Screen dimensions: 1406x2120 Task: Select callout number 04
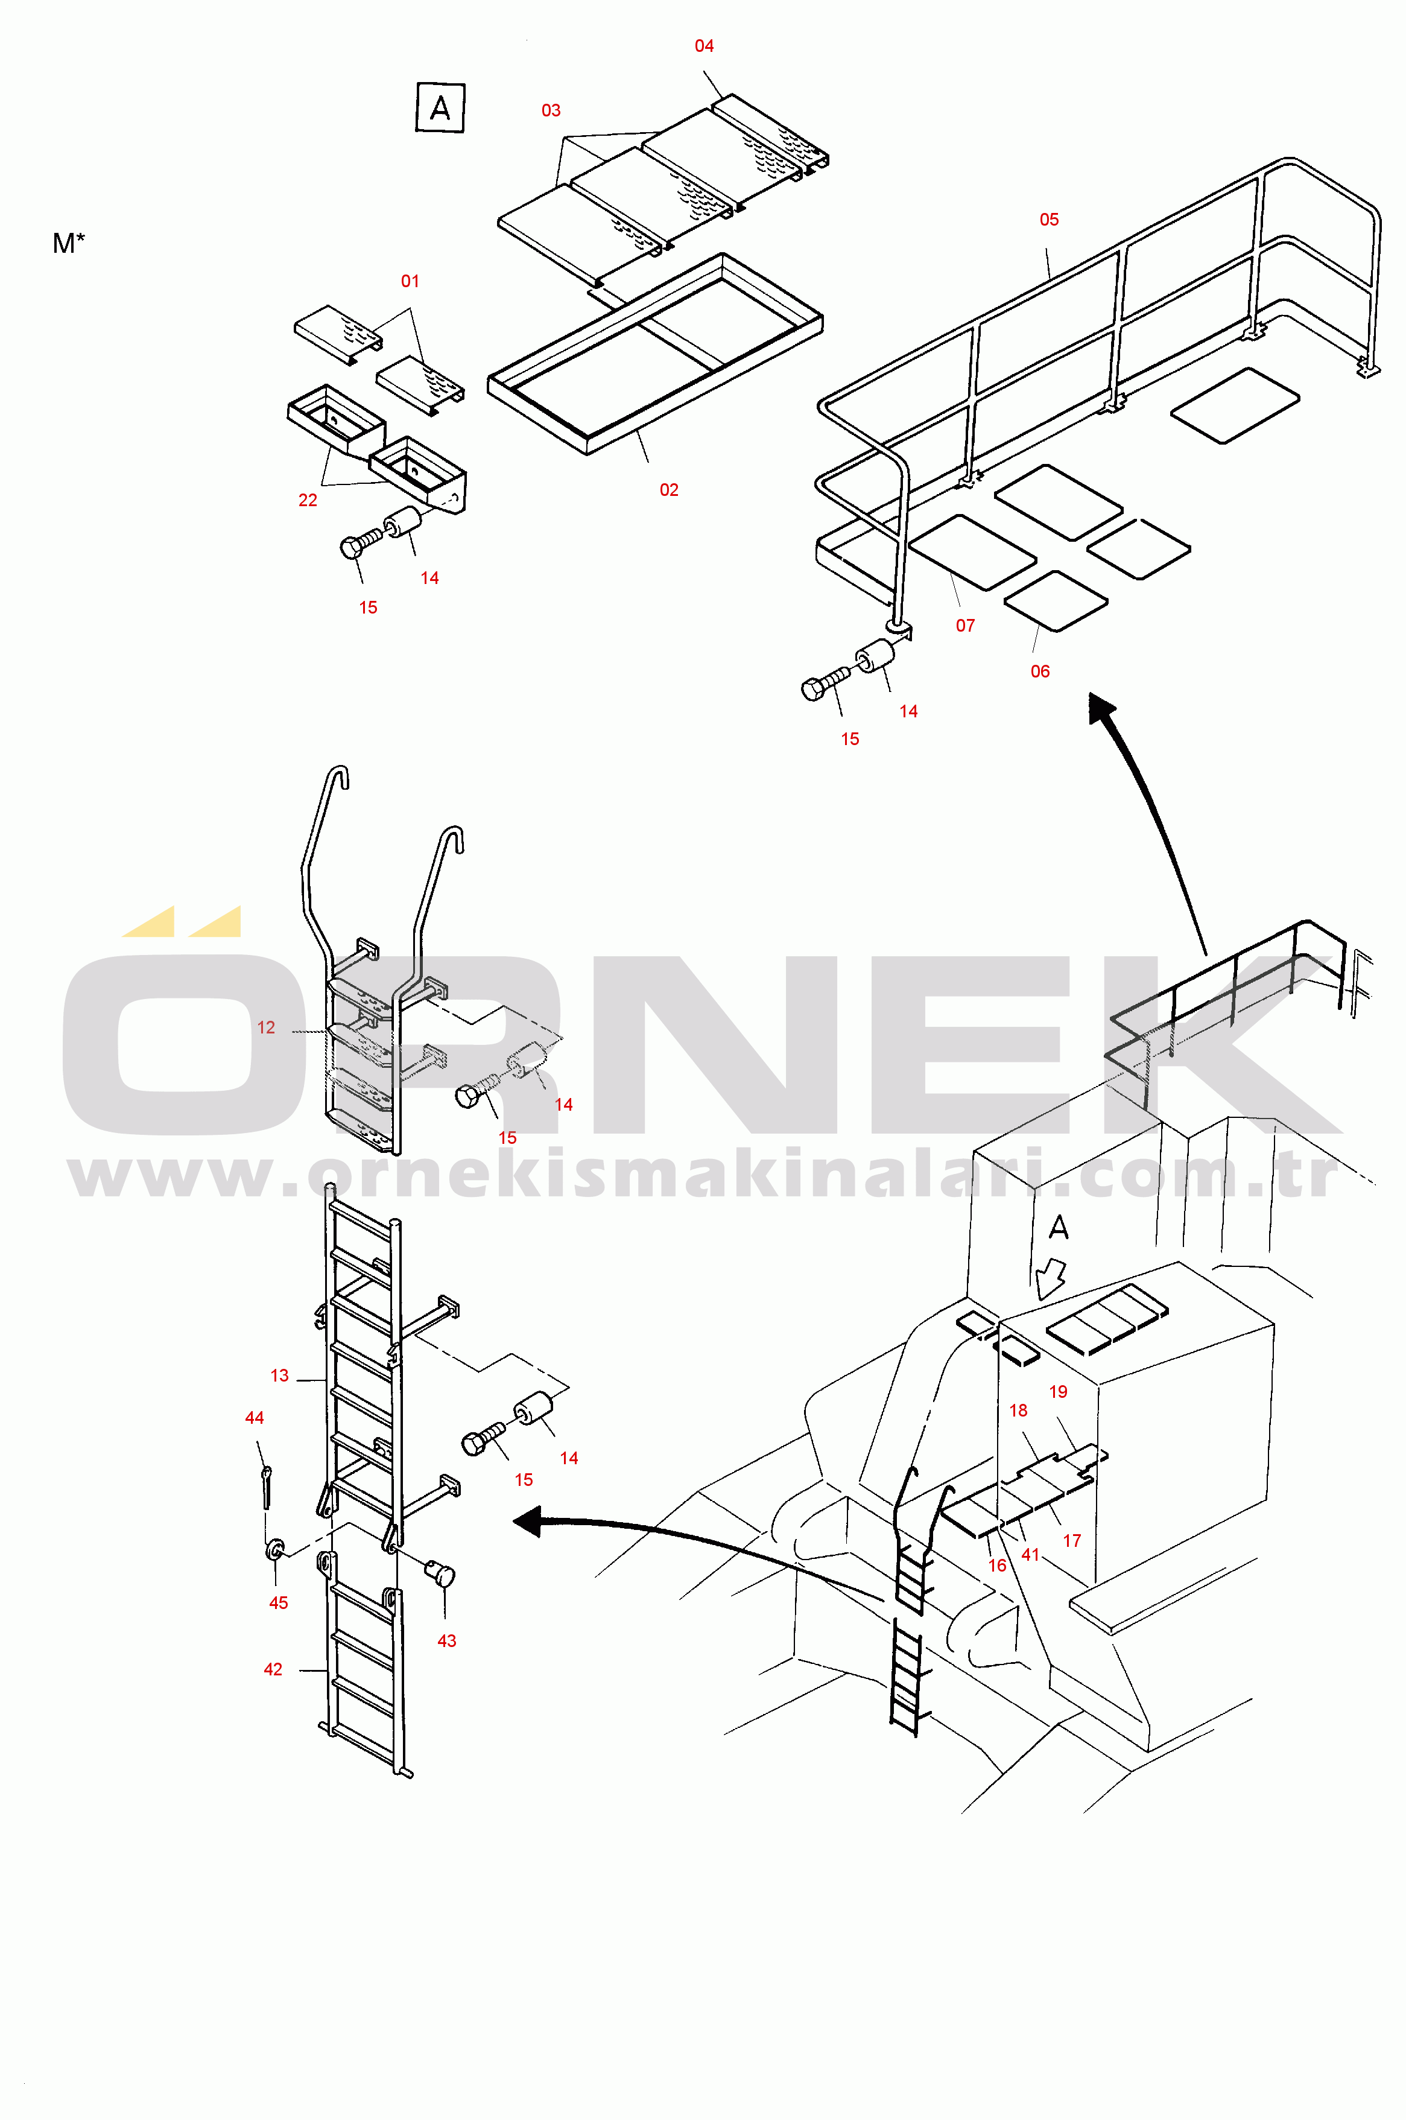coord(704,46)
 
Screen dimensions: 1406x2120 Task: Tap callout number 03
coord(551,110)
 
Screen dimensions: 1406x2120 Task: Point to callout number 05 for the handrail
coord(1049,220)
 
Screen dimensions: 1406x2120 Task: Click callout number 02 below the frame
coord(669,490)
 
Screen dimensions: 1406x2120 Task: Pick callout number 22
coord(308,500)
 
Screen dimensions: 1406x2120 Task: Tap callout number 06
coord(1040,671)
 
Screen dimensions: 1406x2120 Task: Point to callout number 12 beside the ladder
coord(267,1027)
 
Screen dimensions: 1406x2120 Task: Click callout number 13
coord(280,1376)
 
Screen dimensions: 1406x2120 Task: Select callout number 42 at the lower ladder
coord(273,1669)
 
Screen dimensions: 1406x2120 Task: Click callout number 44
coord(255,1418)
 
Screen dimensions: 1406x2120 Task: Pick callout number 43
coord(446,1641)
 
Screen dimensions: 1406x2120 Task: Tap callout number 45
coord(279,1602)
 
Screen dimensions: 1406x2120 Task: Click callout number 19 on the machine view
coord(1058,1392)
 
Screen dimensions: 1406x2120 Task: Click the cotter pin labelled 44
coord(267,1486)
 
